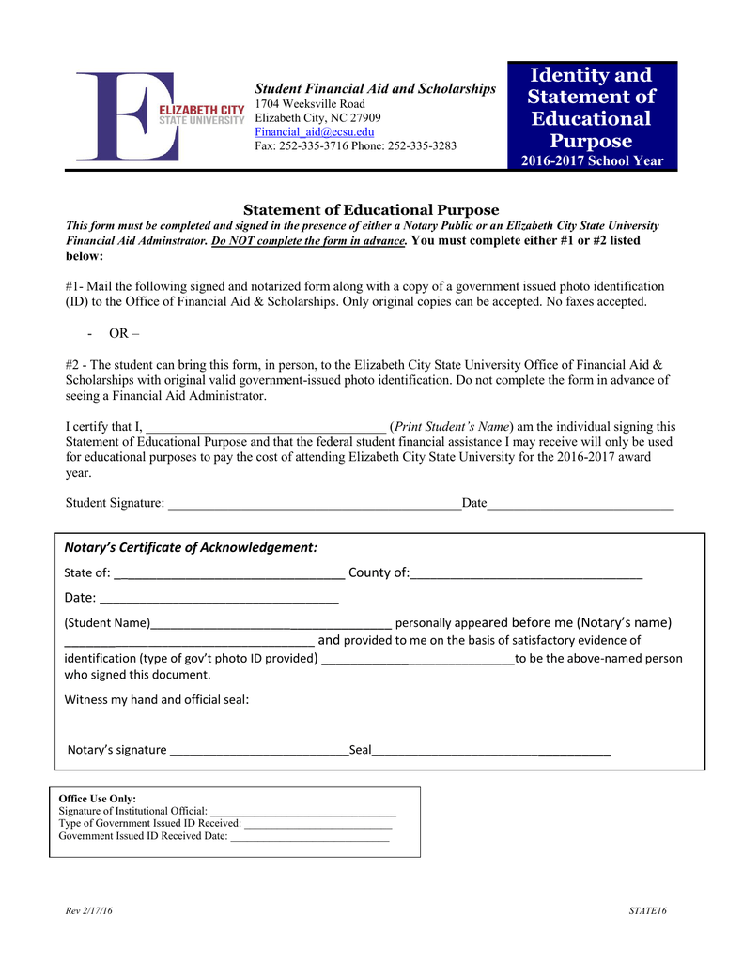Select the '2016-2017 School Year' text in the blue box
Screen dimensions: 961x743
pos(592,160)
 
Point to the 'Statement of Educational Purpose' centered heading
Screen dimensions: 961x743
pos(371,210)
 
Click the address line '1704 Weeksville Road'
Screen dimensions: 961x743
pos(310,103)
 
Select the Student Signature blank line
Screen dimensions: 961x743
pos(313,505)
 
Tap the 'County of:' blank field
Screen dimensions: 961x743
pos(526,575)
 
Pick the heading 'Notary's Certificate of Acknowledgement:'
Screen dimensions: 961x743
pos(191,547)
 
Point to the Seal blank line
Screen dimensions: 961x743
pos(491,751)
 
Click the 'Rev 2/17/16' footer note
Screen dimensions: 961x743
pos(88,912)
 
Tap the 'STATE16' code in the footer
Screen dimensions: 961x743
pos(647,912)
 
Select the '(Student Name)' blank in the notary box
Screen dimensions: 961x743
pos(271,624)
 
